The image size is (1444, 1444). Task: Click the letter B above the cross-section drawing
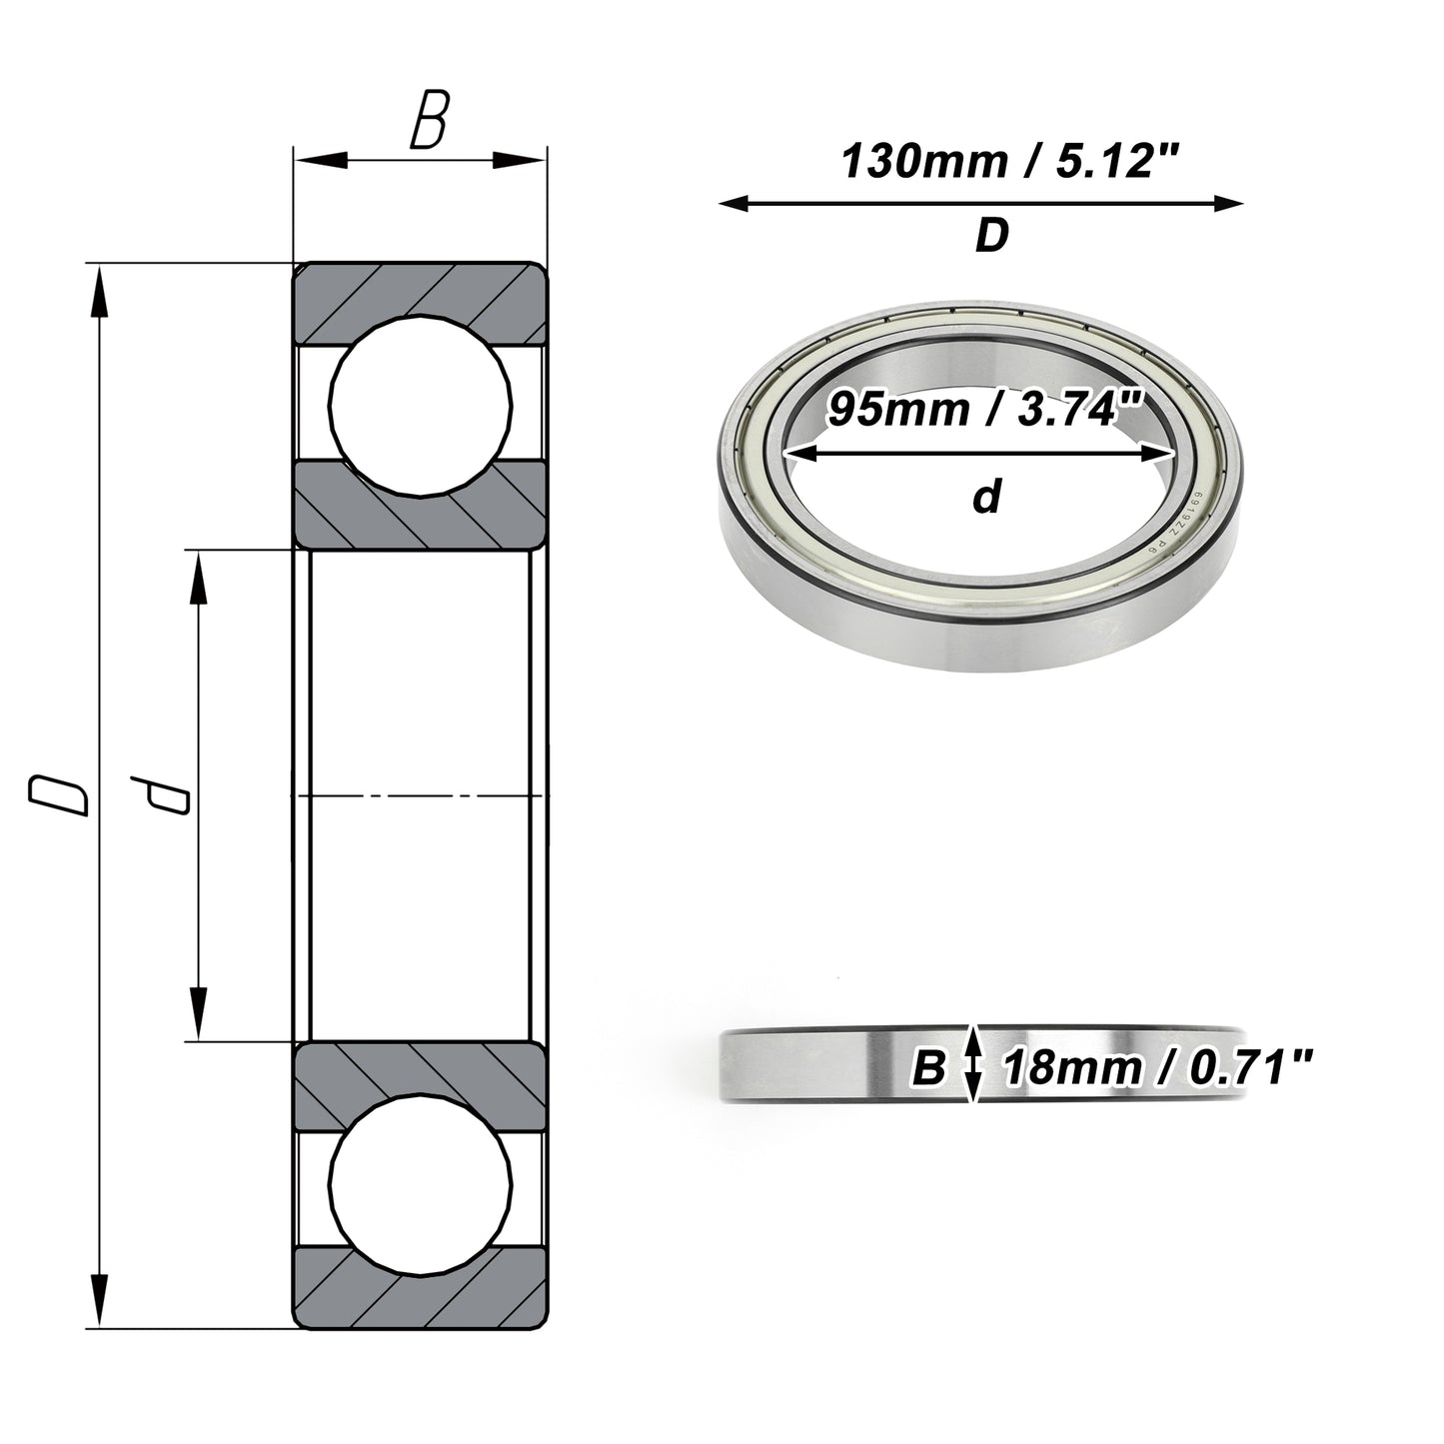point(430,119)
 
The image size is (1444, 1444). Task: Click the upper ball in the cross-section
point(421,406)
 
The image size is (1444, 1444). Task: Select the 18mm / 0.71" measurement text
point(1158,1068)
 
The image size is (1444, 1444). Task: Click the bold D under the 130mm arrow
point(992,235)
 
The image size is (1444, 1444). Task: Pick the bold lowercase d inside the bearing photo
point(987,496)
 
